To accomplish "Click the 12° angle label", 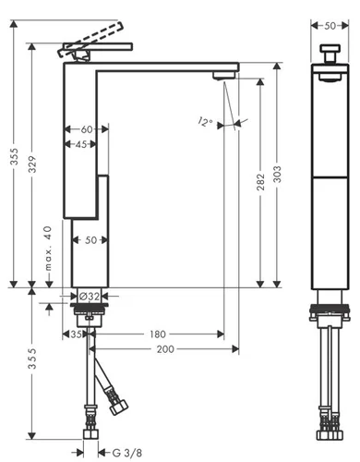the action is tap(205, 122).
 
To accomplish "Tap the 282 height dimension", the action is tap(260, 182).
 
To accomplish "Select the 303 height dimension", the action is tap(277, 174).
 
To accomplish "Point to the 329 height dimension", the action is tap(32, 164).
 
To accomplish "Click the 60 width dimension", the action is tap(87, 129).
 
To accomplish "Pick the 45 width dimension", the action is tap(81, 144).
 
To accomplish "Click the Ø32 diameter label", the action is tap(90, 297).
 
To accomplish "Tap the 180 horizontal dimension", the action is tap(157, 334).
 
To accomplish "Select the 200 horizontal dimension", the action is tap(165, 349).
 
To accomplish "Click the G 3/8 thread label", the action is tap(126, 453).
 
